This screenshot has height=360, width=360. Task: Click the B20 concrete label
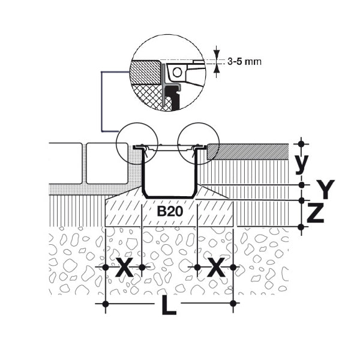(170, 211)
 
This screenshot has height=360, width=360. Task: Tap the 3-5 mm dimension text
(244, 62)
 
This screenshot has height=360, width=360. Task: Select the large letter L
(169, 305)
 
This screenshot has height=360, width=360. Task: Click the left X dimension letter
(124, 267)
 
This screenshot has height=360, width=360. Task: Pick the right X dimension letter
(216, 267)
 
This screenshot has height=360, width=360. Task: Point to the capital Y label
(325, 189)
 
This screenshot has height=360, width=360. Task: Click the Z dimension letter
(316, 213)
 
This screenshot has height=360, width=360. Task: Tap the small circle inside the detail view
(177, 73)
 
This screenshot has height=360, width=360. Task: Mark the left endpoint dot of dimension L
(106, 304)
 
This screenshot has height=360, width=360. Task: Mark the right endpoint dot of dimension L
(233, 304)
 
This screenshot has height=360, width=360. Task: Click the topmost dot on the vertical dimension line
(301, 144)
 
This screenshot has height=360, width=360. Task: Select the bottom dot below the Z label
(301, 227)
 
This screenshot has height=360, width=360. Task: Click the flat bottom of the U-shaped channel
(169, 197)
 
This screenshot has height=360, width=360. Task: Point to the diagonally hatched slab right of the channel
(248, 152)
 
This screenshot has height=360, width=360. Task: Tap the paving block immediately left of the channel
(107, 163)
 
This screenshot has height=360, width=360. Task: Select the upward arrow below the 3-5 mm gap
(216, 69)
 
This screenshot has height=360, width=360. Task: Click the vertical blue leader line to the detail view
(102, 102)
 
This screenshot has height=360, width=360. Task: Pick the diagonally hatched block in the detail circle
(145, 72)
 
